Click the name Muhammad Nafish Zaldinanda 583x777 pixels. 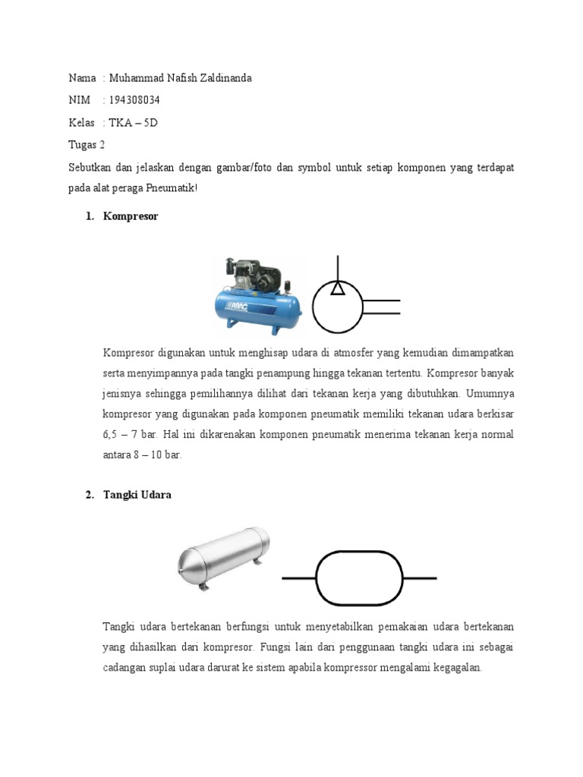pyautogui.click(x=181, y=78)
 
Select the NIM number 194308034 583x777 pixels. pyautogui.click(x=134, y=100)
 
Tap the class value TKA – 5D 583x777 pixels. pyautogui.click(x=134, y=122)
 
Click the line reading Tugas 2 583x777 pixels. pyautogui.click(x=87, y=144)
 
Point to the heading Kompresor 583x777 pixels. pyautogui.click(x=131, y=216)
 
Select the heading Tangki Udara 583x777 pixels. pyautogui.click(x=137, y=495)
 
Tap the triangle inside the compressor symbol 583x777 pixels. pyautogui.click(x=339, y=288)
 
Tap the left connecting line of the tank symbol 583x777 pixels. pyautogui.click(x=298, y=578)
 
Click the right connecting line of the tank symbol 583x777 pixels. pyautogui.click(x=421, y=578)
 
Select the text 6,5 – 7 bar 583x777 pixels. pyautogui.click(x=133, y=435)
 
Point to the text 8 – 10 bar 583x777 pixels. pyautogui.click(x=159, y=455)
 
